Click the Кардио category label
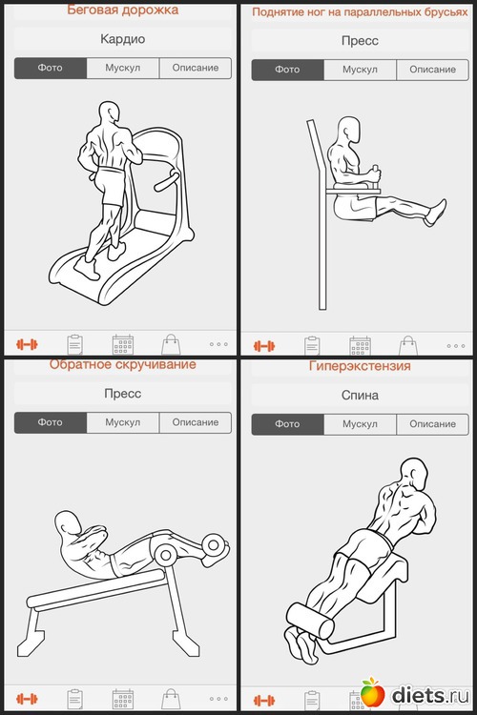coord(123,39)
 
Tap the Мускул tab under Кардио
coord(123,68)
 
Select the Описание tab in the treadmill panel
coord(196,68)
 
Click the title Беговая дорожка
coord(123,10)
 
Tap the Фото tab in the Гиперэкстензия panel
coord(287,424)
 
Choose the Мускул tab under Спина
coord(361,424)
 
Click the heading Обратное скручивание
coord(123,364)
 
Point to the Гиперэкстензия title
coord(361,366)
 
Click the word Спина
coord(361,395)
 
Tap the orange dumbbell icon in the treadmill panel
coord(27,344)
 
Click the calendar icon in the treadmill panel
coord(123,344)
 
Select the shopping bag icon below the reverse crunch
coord(171,699)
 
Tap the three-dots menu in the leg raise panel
coord(456,346)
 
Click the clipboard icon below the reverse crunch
coord(74,699)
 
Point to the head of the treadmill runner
coord(110,112)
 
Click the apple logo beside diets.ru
coord(373,693)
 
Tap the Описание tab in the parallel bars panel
coord(433,70)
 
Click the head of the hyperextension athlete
coord(413,474)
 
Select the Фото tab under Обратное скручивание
coord(51,422)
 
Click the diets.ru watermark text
coord(430,695)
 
